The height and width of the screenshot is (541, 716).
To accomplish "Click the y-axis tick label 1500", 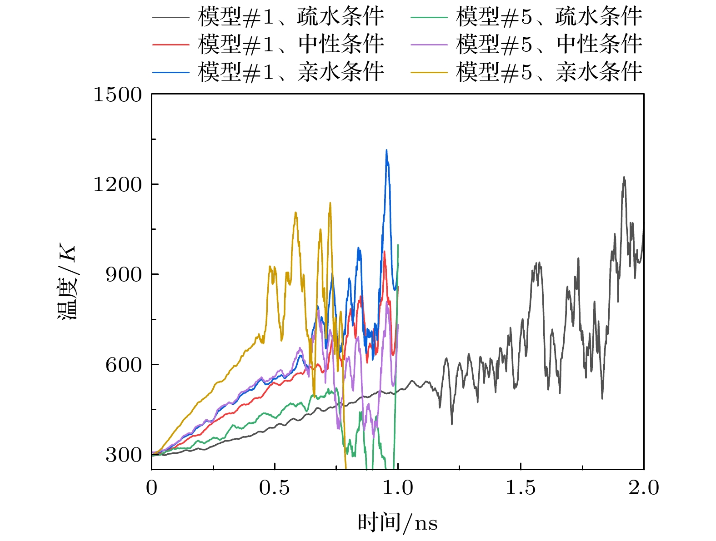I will click(x=117, y=95).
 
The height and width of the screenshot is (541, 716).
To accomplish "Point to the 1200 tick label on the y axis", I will click(x=117, y=185).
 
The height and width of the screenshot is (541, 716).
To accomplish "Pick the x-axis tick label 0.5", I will click(x=274, y=488).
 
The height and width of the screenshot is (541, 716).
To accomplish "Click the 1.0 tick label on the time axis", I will click(x=398, y=488).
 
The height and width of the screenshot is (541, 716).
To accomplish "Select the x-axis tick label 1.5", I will click(x=521, y=488).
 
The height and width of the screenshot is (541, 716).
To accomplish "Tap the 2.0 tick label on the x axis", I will click(x=644, y=488).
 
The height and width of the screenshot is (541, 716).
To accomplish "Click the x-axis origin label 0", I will click(x=152, y=488).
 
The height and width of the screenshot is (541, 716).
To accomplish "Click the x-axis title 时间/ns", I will click(x=397, y=522).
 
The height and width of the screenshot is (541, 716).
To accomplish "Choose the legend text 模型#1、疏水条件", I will click(x=291, y=17).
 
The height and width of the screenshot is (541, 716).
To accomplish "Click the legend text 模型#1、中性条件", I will click(x=291, y=44).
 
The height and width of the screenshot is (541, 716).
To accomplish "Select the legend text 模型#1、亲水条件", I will click(x=291, y=71).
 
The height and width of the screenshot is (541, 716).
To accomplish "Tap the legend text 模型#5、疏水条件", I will click(x=549, y=17).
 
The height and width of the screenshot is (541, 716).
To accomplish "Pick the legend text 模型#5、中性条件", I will click(x=549, y=44).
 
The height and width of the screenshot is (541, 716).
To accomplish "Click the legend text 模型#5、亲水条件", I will click(x=549, y=71).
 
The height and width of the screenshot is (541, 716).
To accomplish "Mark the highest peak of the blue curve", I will click(x=386, y=150).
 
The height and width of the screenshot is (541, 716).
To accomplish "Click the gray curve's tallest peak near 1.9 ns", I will click(x=624, y=177).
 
